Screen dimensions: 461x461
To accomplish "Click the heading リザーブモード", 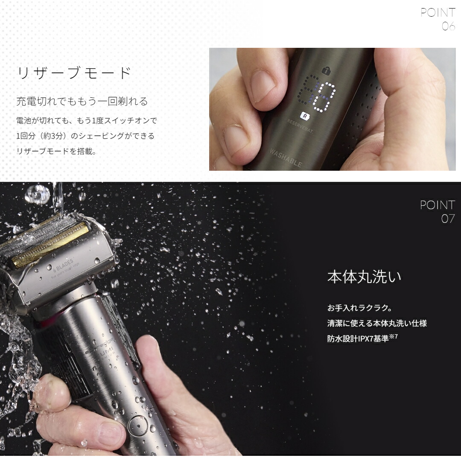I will pos(74,73).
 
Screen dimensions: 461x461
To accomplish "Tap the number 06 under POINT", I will pos(448,26).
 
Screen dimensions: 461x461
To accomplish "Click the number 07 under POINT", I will pos(448,219).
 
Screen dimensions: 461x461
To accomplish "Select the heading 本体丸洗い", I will pos(364,277).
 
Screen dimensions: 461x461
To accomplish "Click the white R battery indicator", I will pos(304,115).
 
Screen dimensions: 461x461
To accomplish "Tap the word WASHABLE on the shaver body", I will pos(286,158).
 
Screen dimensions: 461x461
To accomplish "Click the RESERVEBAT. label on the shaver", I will pos(300,127).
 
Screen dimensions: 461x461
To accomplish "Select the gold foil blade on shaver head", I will pos(51,245).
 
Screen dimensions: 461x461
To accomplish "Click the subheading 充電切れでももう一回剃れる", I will pos(82,101).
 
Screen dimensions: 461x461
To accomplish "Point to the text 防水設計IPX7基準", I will pos(358,339).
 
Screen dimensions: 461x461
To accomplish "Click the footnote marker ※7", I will pos(394,336).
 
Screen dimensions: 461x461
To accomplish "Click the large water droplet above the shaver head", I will pos(37,194).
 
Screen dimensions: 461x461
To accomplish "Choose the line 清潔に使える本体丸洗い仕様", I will pos(377,323).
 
